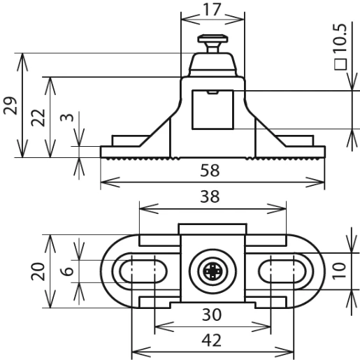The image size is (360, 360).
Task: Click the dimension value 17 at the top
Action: (x=212, y=9)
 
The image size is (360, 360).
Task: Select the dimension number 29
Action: (x=10, y=106)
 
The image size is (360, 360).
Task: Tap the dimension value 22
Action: (x=38, y=117)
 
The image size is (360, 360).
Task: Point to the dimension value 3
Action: (x=67, y=117)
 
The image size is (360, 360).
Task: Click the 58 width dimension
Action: (x=210, y=171)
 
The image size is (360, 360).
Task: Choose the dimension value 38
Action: (x=210, y=196)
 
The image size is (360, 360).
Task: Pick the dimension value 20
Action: (x=38, y=271)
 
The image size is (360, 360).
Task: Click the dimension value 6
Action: (x=67, y=271)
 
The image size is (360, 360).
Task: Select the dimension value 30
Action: (x=212, y=315)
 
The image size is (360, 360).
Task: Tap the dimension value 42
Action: (x=212, y=340)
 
